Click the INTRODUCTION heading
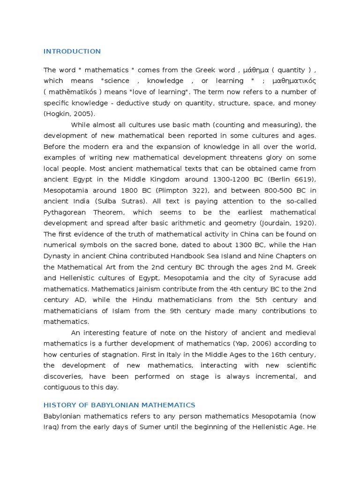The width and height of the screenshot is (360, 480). tap(72, 51)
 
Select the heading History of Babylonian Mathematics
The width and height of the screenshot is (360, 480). tap(119, 405)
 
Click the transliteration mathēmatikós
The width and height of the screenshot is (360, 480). tap(69, 92)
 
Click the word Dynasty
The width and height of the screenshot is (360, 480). tap(57, 256)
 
